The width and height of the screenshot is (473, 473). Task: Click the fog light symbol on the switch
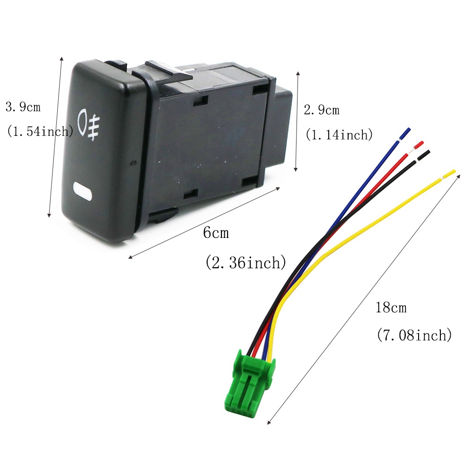coord(89,124)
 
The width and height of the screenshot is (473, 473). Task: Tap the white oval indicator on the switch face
coord(82,191)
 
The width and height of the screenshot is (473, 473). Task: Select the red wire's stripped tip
coord(419,145)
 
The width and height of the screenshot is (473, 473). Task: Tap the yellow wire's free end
coord(449,174)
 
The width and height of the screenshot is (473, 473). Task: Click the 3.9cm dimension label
coord(23,107)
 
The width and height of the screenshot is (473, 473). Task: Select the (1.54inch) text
coord(40,131)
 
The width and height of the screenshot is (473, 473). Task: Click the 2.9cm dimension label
coord(322,110)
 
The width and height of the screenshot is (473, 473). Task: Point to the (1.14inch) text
coord(339,134)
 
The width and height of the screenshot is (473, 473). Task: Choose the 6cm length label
coord(216,232)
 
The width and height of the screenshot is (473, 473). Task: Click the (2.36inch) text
coord(245,263)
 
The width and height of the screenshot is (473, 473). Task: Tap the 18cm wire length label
coord(391,307)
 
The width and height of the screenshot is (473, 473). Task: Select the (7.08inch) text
coord(414,335)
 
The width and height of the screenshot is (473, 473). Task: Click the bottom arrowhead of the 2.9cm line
coord(296,169)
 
